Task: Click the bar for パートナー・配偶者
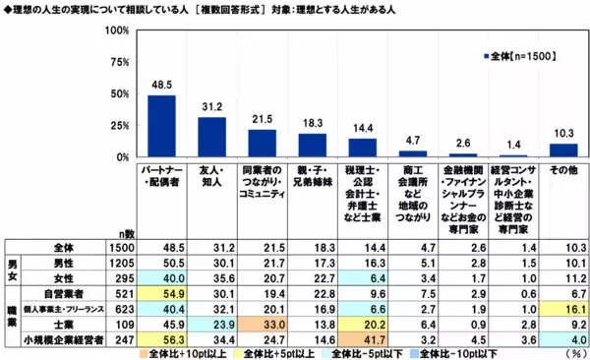tap(161, 126)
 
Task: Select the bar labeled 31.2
tap(211, 137)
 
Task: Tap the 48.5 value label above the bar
tap(161, 86)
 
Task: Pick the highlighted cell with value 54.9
tap(161, 293)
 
